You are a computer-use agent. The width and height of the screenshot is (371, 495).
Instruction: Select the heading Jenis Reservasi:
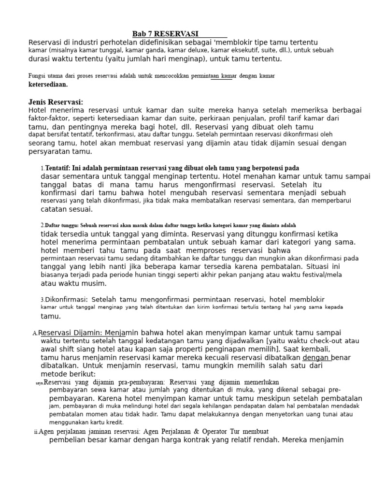[x=56, y=102]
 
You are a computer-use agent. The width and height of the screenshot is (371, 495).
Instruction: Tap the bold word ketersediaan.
[x=48, y=84]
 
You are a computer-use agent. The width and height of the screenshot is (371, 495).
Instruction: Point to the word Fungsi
[x=37, y=76]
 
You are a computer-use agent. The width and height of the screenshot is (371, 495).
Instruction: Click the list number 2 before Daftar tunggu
[x=42, y=225]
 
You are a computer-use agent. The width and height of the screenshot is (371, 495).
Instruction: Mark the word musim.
[x=95, y=283]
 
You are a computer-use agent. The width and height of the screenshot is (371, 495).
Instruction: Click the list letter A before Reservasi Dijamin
[x=35, y=334]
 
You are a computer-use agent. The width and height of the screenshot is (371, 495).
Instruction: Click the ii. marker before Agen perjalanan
[x=36, y=431]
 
